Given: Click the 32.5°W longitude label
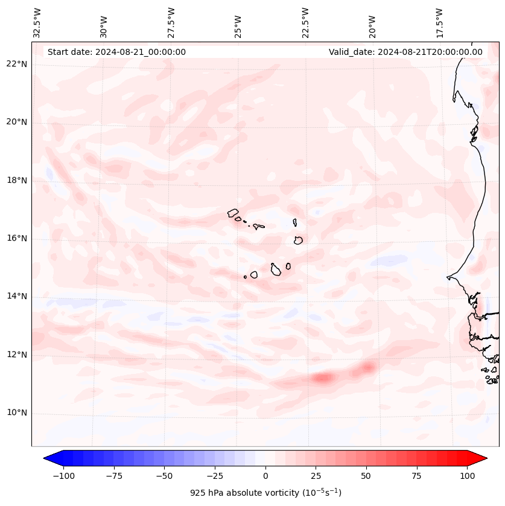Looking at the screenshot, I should (37, 23).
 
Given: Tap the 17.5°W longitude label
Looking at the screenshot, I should (440, 23).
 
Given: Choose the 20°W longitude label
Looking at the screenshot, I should (372, 24).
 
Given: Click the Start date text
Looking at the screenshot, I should (116, 52).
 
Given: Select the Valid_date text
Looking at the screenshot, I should (405, 52).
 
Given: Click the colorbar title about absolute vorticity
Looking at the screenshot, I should (265, 493).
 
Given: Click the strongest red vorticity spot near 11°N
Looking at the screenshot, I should (323, 378).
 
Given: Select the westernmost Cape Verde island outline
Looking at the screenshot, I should (233, 213).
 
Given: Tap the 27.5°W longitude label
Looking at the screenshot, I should (171, 23).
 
